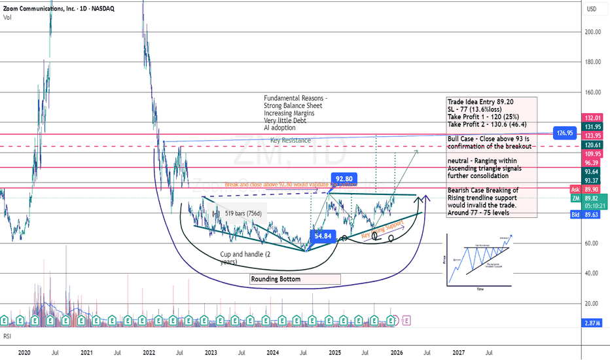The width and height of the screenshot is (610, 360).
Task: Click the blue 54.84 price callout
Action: point(325,236)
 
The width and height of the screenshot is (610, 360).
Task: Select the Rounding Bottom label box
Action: point(295,279)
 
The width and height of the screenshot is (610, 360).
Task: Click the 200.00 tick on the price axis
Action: point(593,32)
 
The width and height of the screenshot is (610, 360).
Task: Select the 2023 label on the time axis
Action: point(211,352)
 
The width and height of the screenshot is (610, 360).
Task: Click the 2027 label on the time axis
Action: point(459,352)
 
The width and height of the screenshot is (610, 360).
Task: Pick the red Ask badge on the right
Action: point(575,189)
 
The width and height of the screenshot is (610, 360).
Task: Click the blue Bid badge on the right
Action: point(575,213)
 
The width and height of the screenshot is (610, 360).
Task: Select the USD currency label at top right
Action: point(592,9)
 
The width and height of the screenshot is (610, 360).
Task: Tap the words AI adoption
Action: point(282,129)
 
